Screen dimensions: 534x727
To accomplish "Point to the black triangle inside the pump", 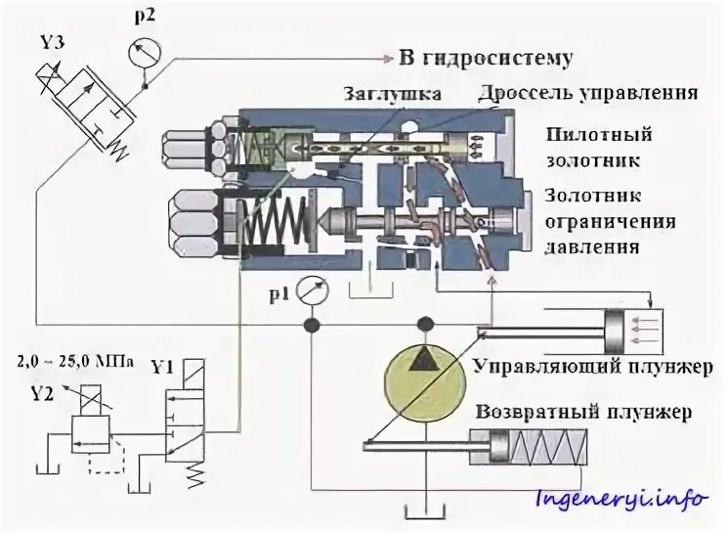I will click(424, 359).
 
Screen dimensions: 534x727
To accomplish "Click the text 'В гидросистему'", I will click(485, 57).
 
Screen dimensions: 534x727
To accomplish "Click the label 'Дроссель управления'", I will click(587, 94).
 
